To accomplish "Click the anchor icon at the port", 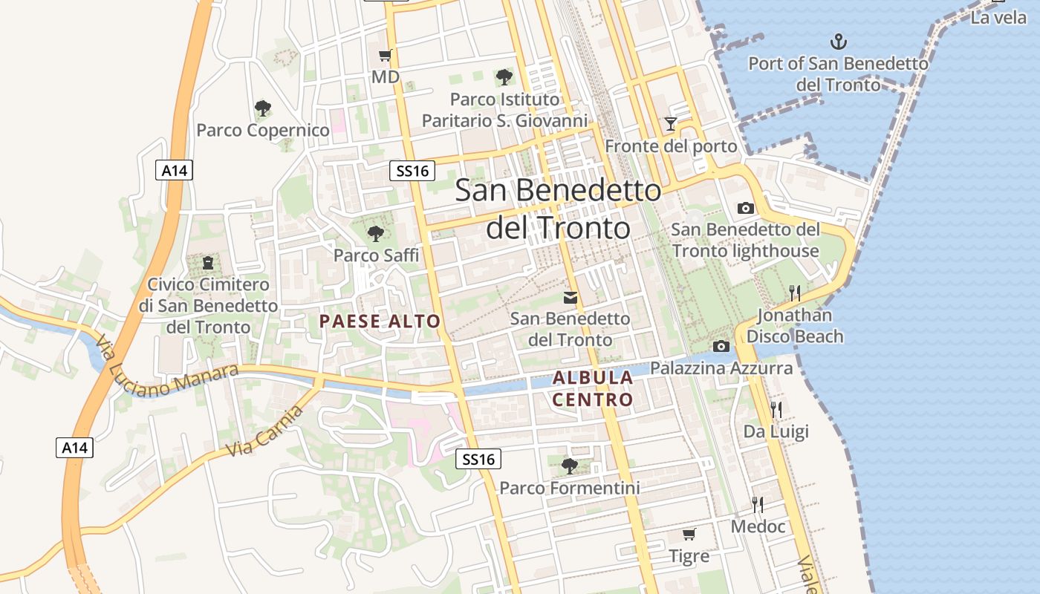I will [838, 41].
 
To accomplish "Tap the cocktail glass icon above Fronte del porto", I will [671, 123].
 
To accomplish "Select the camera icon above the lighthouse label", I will [745, 208].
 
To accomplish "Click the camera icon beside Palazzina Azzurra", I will [721, 346].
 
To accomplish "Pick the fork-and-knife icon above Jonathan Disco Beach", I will [795, 293].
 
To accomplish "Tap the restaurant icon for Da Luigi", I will [776, 409].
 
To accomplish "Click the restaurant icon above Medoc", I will [758, 505].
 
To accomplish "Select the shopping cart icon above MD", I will [385, 55].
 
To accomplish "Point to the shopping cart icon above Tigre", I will [689, 534].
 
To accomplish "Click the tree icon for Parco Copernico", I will [262, 108].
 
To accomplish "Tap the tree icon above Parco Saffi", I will [376, 233].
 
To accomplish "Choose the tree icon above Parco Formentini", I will [569, 466].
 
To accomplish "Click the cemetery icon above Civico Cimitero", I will [208, 262].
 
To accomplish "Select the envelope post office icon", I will [570, 298].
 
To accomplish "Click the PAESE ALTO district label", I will [380, 322].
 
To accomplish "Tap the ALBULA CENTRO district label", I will [593, 388].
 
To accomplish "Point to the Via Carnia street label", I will [264, 431].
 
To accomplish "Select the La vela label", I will [998, 18].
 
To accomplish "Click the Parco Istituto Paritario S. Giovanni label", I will [504, 110].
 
